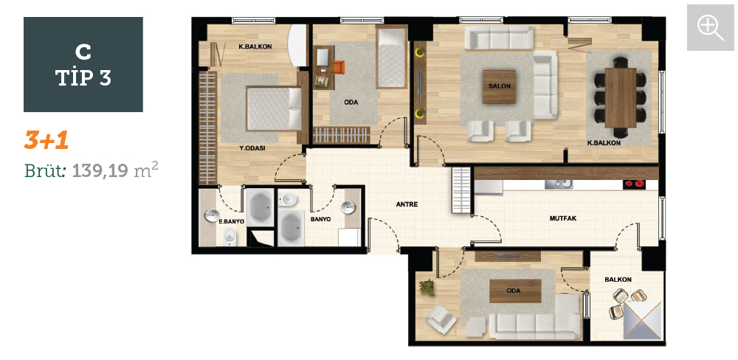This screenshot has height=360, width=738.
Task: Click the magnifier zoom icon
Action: [x=710, y=27]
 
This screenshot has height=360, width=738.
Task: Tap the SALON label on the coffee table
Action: [x=500, y=86]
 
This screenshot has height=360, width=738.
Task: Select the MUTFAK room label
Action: [x=563, y=218]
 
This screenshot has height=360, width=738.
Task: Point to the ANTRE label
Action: [x=407, y=204]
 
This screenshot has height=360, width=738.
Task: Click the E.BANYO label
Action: [x=232, y=221]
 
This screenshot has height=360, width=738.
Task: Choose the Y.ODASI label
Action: [x=252, y=148]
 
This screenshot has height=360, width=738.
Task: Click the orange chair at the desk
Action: [x=338, y=67]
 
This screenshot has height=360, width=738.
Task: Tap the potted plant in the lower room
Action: [x=427, y=287]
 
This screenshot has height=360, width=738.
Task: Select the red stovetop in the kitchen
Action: [x=633, y=184]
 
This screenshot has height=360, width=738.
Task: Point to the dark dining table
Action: [x=621, y=98]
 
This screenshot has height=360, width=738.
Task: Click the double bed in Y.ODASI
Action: [x=274, y=108]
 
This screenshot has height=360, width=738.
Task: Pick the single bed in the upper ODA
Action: [x=391, y=58]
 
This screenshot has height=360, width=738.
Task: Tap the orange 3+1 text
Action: [x=46, y=140]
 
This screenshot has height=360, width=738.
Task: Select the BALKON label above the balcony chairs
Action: [x=618, y=280]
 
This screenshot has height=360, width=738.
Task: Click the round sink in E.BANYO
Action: [x=212, y=215]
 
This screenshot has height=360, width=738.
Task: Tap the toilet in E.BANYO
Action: [x=229, y=235]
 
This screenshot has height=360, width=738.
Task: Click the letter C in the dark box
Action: [x=83, y=52]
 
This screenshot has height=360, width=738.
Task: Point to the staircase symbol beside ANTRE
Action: [x=461, y=190]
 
